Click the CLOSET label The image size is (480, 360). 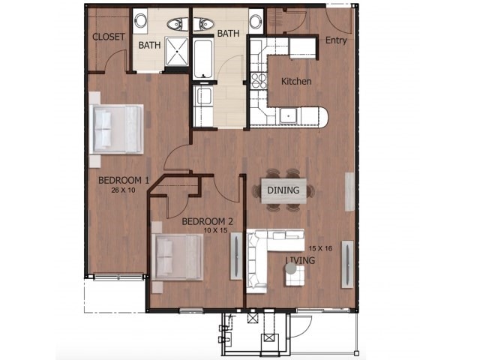click(108, 37)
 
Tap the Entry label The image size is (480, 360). click(337, 40)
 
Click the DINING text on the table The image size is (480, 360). click(283, 190)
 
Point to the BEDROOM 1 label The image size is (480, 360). click(124, 180)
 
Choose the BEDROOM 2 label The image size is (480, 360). click(208, 221)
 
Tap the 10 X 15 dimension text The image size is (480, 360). click(209, 231)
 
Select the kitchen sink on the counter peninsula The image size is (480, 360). click(288, 115)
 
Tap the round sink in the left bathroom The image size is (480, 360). click(141, 21)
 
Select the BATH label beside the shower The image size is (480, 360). click(148, 45)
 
